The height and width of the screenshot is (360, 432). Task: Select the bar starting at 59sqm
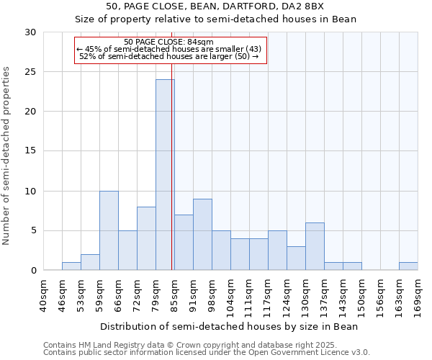click(109, 230)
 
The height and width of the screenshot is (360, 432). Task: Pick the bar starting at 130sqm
click(315, 246)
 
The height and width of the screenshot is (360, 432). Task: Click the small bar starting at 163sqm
click(408, 266)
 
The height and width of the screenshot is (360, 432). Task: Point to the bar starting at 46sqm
click(71, 266)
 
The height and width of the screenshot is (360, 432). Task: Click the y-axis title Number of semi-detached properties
click(6, 156)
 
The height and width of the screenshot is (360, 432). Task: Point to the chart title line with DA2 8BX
click(215, 6)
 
